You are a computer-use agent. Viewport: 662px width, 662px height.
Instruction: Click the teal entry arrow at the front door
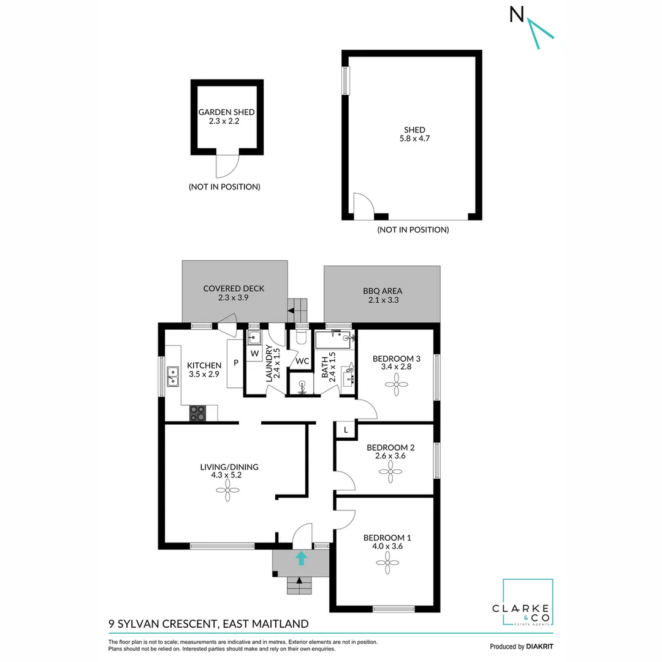tap(301, 557)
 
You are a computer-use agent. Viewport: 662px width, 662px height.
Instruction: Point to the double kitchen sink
tap(172, 377)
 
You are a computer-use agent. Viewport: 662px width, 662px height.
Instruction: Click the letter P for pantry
tap(235, 363)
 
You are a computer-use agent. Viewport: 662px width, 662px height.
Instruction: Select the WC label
tap(302, 361)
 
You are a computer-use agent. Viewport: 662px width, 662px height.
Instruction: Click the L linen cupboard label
tap(346, 430)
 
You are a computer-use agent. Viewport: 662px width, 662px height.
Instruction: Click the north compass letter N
tap(517, 15)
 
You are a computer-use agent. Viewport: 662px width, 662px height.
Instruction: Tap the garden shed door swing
tap(227, 165)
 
